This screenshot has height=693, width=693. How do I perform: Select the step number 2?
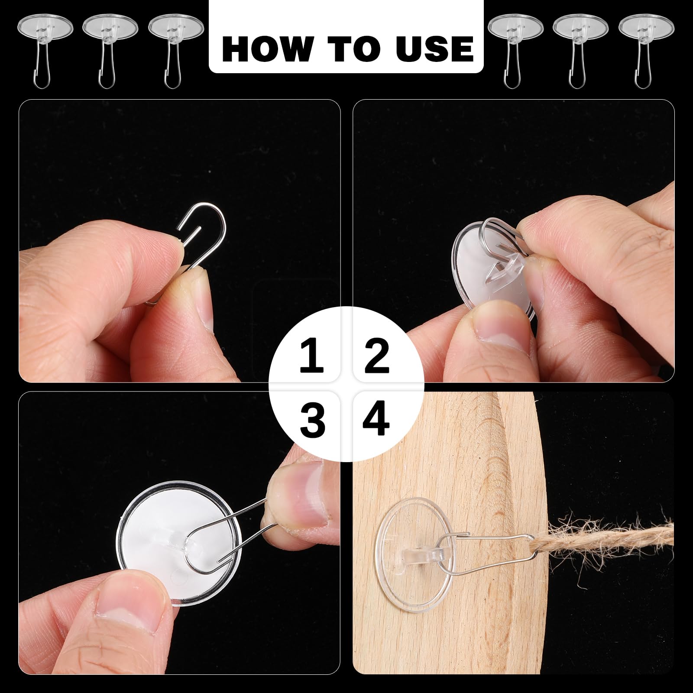pos(377,356)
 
